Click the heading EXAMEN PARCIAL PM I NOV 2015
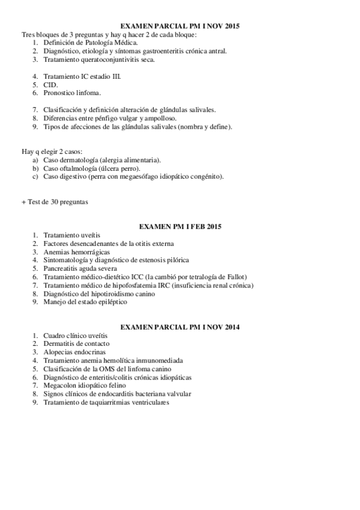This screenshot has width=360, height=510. pos(180,26)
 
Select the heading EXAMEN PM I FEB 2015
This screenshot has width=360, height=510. pos(180,227)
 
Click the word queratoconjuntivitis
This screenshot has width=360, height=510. pos(106,60)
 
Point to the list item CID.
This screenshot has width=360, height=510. pos(50,85)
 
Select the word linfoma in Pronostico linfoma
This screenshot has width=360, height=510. pos(89,93)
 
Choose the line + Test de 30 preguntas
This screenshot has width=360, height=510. pos(55,202)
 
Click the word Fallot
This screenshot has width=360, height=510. pos(234,277)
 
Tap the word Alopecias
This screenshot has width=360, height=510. pos(59,352)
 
